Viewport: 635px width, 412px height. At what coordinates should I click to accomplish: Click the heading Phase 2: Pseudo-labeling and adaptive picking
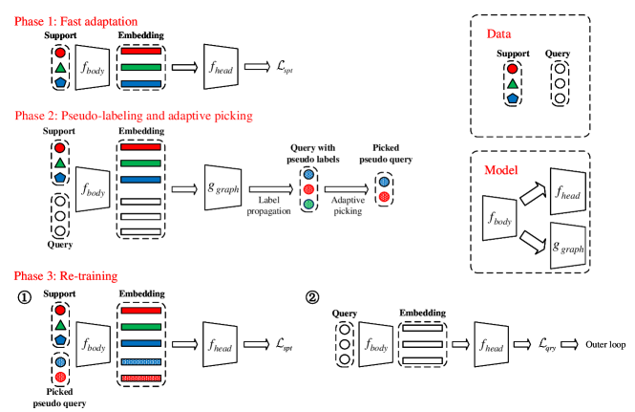[x=133, y=116]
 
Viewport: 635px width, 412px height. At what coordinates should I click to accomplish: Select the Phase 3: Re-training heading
[x=66, y=275]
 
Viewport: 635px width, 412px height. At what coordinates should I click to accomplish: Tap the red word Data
[x=498, y=34]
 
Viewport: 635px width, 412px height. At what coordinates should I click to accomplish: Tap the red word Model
[x=500, y=170]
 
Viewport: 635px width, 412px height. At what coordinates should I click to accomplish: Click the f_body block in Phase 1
[x=93, y=67]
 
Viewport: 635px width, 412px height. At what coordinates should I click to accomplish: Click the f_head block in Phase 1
[x=221, y=66]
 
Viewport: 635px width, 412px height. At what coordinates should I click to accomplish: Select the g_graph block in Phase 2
[x=222, y=187]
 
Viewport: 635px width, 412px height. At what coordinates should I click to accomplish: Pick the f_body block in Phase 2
[x=93, y=189]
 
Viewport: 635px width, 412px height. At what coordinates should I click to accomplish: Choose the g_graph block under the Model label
[x=568, y=246]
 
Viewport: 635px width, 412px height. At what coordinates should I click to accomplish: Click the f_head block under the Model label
[x=567, y=192]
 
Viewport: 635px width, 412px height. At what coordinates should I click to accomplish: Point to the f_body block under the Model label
[x=499, y=218]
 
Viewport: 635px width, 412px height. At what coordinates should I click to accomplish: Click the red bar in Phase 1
[x=141, y=51]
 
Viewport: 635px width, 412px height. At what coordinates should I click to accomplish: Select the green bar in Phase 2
[x=141, y=163]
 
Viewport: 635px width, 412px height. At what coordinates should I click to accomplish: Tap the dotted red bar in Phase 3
[x=141, y=379]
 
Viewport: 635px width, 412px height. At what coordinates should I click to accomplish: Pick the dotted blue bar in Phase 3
[x=141, y=361]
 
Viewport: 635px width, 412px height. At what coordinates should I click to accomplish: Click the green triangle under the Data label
[x=513, y=84]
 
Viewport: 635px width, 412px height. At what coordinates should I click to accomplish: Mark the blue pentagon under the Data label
[x=513, y=98]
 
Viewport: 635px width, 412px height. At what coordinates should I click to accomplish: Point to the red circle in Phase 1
[x=60, y=53]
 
